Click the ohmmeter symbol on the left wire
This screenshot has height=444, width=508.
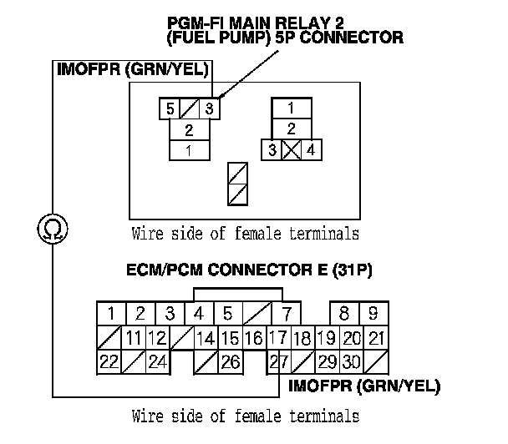(49, 227)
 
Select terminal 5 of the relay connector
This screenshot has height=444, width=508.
(170, 108)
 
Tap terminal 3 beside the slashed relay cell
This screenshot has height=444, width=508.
(211, 108)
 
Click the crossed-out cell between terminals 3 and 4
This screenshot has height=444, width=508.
(290, 151)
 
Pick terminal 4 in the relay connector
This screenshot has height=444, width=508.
(310, 151)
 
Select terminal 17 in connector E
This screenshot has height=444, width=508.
(277, 338)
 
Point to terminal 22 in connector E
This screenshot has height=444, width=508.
(109, 362)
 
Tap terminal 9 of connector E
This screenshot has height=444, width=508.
(373, 315)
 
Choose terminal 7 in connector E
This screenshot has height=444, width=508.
(287, 315)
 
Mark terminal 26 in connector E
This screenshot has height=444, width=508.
(231, 362)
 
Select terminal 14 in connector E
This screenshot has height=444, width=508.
(206, 338)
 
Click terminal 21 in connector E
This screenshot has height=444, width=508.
(375, 338)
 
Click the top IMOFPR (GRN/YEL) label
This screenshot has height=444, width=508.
(131, 68)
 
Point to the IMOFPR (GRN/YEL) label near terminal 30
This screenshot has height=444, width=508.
(364, 386)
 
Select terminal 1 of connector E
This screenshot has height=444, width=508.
(110, 315)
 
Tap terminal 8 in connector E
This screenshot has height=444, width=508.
(343, 315)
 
